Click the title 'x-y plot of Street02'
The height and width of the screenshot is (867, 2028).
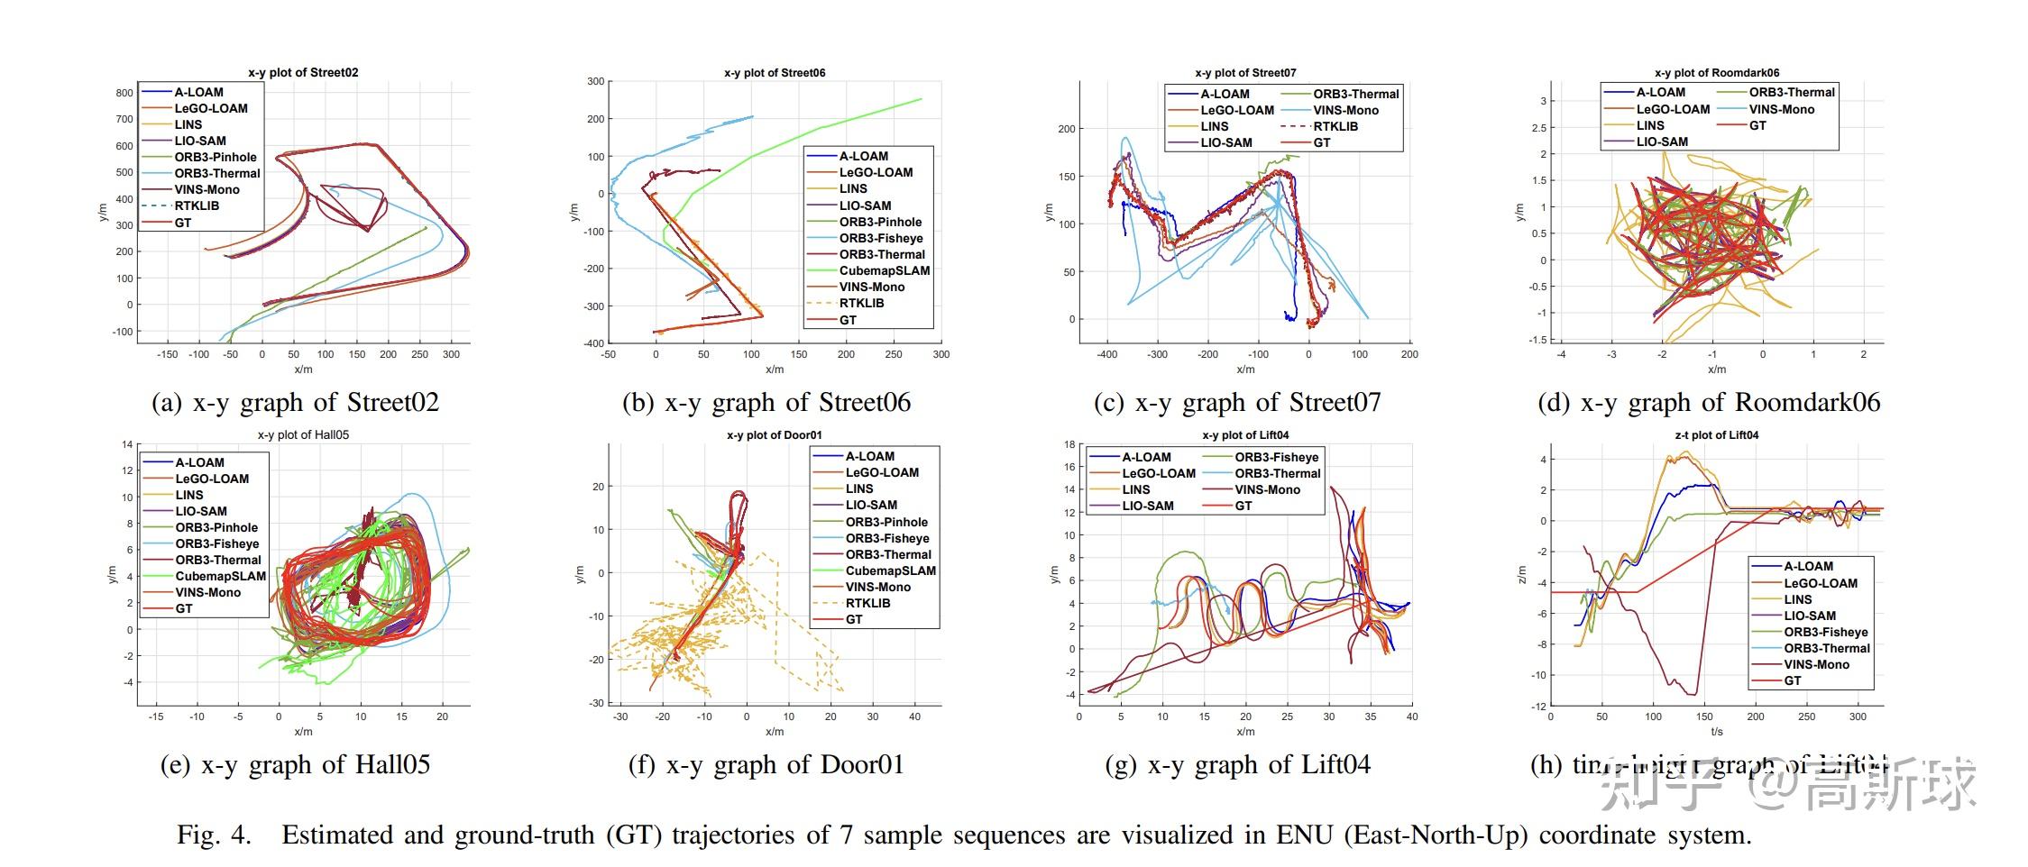[x=303, y=72]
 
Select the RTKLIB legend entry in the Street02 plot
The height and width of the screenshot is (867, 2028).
[x=197, y=205]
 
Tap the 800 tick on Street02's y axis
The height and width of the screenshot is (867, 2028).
[x=124, y=92]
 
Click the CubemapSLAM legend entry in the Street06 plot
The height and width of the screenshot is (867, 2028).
[x=884, y=270]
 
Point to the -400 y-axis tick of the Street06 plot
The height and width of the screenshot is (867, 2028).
[x=593, y=343]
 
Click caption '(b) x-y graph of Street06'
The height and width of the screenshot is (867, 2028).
[x=766, y=402]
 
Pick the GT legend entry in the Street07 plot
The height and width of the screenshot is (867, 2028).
[x=1321, y=142]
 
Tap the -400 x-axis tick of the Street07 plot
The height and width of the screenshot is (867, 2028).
[x=1106, y=354]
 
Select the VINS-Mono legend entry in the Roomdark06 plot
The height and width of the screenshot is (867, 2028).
[x=1781, y=109]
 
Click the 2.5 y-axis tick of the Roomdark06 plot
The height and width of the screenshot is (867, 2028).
[x=1538, y=128]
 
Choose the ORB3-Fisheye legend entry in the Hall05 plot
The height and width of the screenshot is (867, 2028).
[x=216, y=543]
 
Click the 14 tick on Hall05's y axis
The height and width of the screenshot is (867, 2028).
[x=127, y=444]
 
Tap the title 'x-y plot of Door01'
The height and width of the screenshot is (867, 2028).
[x=775, y=434]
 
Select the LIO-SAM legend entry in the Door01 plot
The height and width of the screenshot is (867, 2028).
[x=870, y=505]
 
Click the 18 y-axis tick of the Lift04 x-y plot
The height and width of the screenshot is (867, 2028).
[x=1069, y=444]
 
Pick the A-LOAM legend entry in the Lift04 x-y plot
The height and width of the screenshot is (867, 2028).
[x=1145, y=457]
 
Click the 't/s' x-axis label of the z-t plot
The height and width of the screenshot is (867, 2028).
[x=1716, y=731]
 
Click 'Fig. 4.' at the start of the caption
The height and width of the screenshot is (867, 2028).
[x=214, y=835]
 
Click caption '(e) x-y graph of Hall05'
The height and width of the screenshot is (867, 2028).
[x=295, y=764]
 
